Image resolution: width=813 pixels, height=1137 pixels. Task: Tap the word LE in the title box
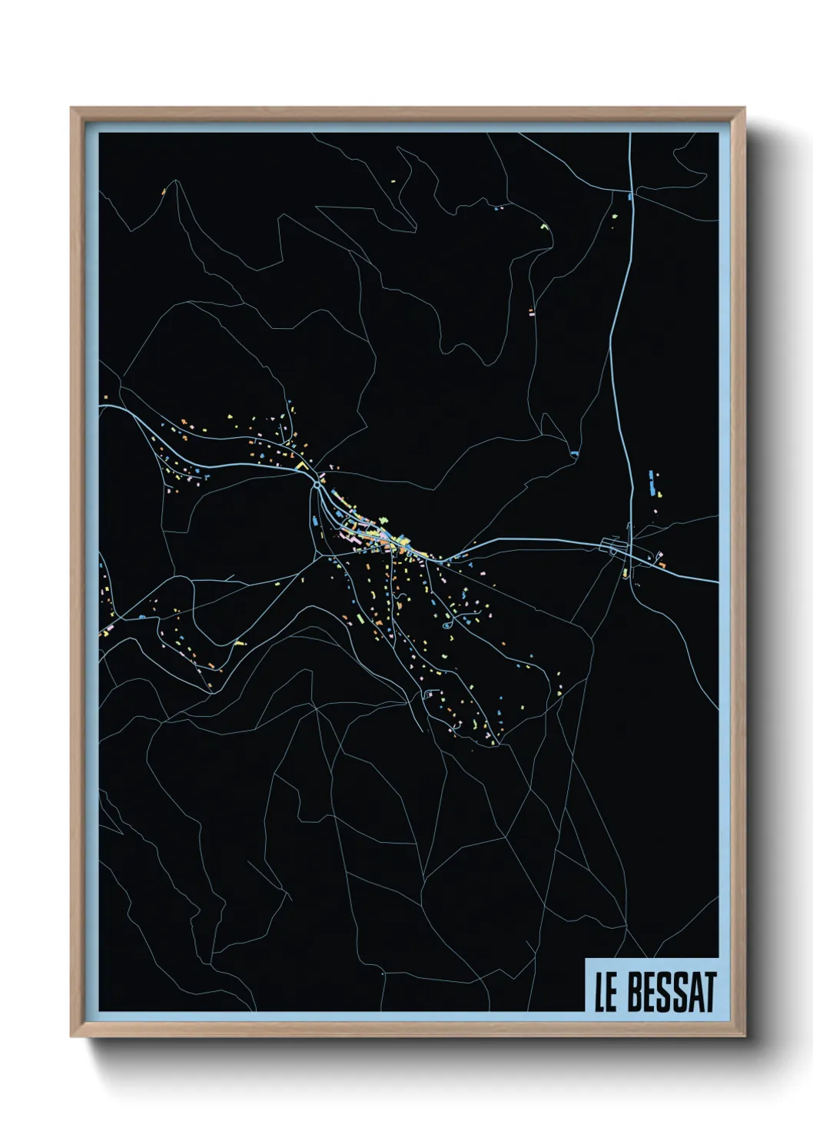[x=606, y=993]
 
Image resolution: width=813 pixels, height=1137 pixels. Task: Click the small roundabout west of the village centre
[x=317, y=486]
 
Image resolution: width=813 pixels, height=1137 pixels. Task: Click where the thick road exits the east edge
[x=717, y=582]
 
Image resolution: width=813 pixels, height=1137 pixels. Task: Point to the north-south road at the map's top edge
[x=630, y=134]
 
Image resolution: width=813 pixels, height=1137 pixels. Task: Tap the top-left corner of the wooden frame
[x=72, y=109]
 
